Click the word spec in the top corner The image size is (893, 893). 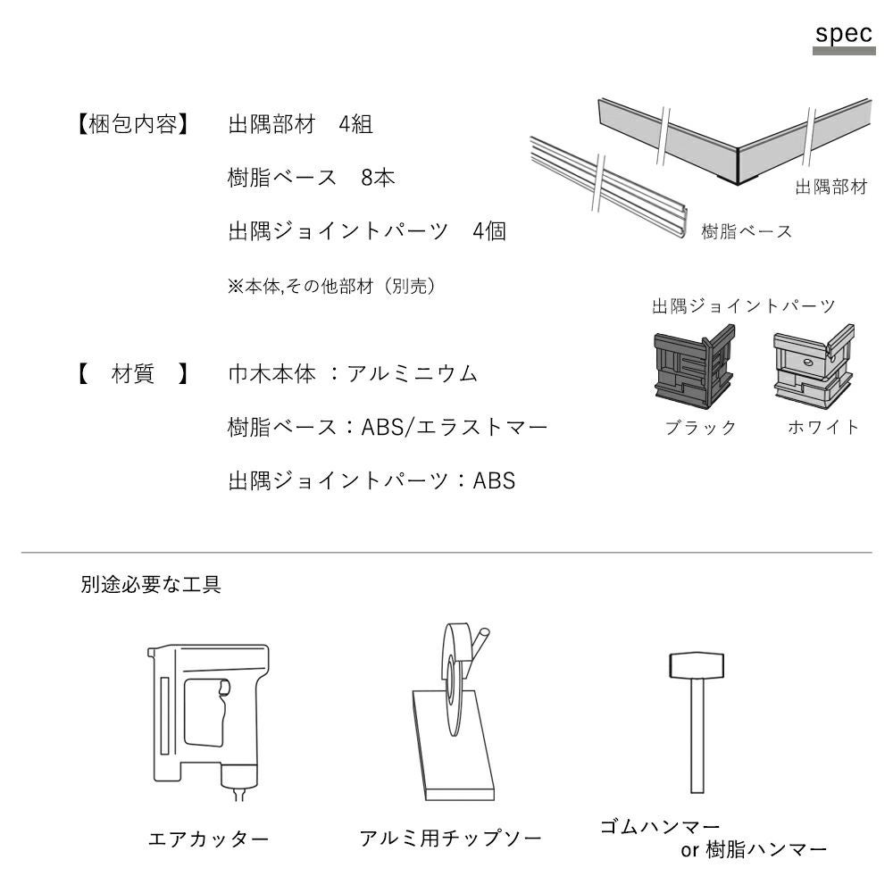[844, 34]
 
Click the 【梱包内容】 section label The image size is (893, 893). [133, 124]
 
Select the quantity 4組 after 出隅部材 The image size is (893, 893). [356, 124]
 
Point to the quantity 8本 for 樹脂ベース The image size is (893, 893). [378, 178]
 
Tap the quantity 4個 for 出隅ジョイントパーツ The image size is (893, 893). [489, 231]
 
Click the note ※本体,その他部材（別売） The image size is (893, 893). [331, 286]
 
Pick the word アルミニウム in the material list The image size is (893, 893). [413, 373]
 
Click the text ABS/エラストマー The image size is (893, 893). [455, 427]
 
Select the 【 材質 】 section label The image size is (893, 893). [133, 373]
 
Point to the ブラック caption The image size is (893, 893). [700, 427]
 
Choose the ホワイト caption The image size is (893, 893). [823, 427]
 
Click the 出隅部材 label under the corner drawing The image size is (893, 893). [830, 187]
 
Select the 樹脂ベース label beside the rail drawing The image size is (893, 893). [747, 231]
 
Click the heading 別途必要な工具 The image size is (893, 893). [151, 584]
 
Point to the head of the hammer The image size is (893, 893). [697, 665]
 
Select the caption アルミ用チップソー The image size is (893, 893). [450, 839]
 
